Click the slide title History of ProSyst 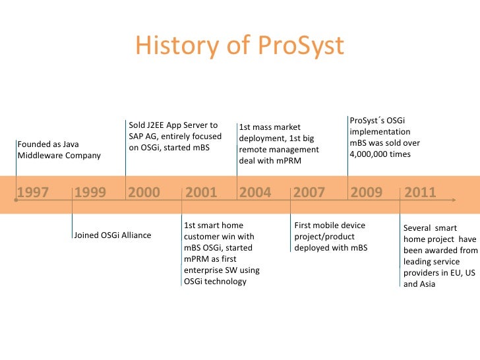click(239, 45)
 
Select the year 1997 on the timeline click(33, 192)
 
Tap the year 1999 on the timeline click(90, 192)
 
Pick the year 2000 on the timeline click(144, 192)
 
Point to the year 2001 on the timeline click(201, 192)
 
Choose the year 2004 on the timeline click(255, 192)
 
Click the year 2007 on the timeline click(309, 192)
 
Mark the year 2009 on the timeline click(366, 192)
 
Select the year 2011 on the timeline click(420, 192)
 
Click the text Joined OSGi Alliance click(113, 235)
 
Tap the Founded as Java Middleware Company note click(59, 149)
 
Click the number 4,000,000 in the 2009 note click(371, 154)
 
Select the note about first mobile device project click(331, 237)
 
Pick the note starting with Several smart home click(440, 256)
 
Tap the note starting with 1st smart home click(221, 253)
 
